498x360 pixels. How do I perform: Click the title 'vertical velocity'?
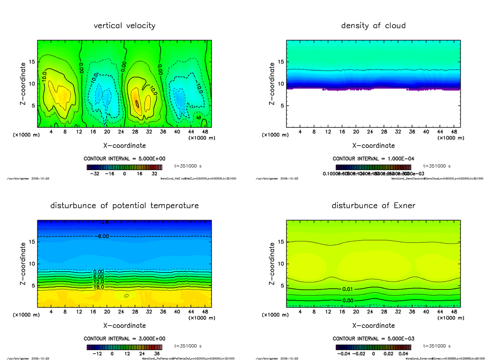pos(124,26)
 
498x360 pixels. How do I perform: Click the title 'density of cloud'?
pos(373,26)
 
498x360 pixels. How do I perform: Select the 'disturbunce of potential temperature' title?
pos(124,206)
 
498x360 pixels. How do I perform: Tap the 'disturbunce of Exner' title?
pos(373,206)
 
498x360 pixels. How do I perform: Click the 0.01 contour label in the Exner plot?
pos(348,289)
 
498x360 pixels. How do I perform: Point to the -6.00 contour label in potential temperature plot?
pos(101,236)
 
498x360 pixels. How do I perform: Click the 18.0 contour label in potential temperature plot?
pos(99,287)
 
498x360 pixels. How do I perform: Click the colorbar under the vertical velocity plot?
pos(124,167)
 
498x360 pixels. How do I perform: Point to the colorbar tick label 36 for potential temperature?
pos(157,354)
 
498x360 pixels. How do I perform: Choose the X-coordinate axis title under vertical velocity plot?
pos(124,146)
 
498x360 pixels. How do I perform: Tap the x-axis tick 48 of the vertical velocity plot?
pos(205,132)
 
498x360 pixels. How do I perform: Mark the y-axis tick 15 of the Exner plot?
pos(280,242)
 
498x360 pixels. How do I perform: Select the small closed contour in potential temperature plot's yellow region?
pos(127,296)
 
